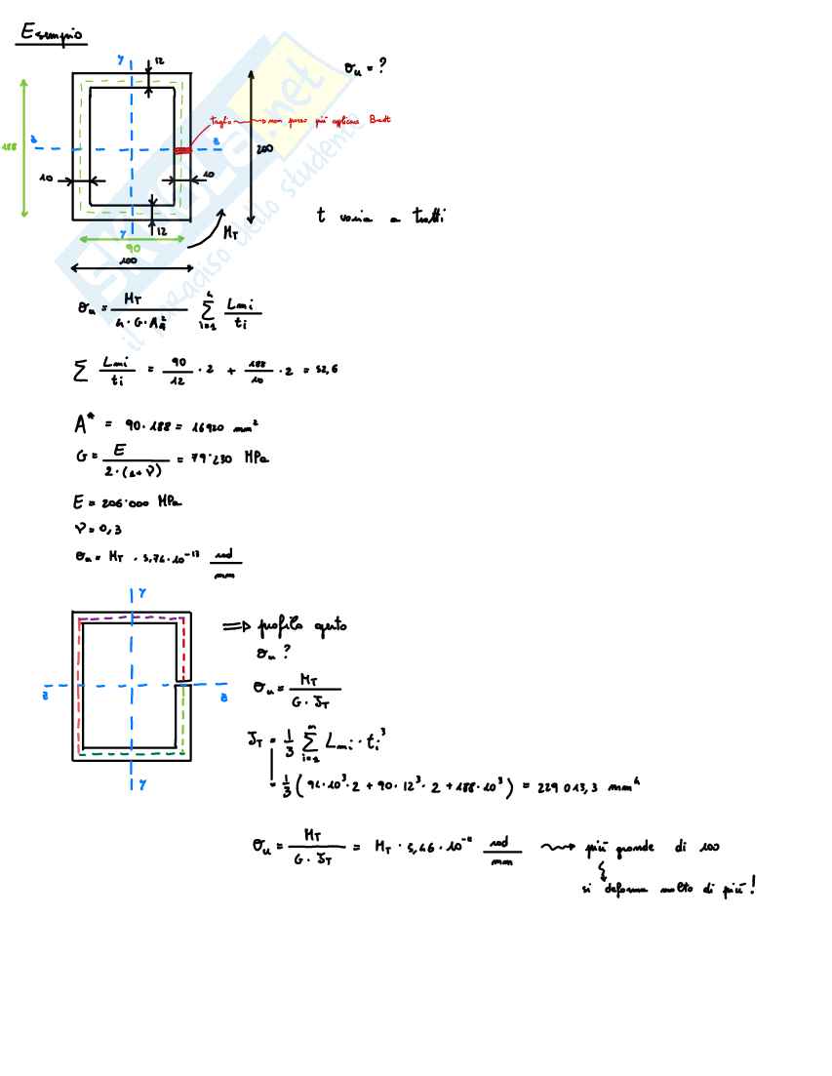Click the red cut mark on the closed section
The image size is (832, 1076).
(182, 150)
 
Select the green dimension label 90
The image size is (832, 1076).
(133, 249)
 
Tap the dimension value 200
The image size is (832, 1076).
(263, 149)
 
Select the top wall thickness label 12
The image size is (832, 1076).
(159, 62)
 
